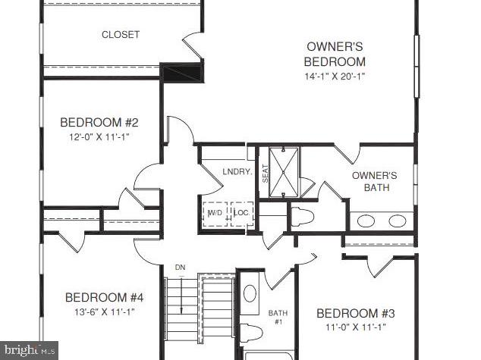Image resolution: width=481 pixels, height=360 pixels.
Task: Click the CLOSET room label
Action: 121,35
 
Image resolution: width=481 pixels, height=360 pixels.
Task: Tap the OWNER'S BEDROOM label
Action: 335,54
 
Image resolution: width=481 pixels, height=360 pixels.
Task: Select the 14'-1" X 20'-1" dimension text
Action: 335,76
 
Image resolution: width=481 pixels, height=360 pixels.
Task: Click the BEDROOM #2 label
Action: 99,123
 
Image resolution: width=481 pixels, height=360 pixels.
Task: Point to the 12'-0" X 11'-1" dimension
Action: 99,138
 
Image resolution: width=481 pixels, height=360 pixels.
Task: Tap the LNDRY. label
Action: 237,172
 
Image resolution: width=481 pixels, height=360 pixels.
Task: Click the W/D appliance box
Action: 215,214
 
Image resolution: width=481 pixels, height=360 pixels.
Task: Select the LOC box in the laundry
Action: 241,214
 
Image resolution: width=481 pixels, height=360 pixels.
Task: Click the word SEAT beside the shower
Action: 266,174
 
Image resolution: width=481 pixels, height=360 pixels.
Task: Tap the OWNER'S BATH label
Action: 375,181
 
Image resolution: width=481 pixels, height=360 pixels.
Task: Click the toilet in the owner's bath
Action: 301,215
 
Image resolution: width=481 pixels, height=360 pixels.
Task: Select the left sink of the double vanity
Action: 366,221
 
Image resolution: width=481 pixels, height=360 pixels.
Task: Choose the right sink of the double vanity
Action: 398,221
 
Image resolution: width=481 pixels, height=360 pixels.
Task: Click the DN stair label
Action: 180,267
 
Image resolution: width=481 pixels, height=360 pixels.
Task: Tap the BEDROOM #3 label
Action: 356,314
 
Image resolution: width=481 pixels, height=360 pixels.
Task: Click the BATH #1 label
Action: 277,318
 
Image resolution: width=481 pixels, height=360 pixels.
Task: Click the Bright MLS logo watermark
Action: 29,349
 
